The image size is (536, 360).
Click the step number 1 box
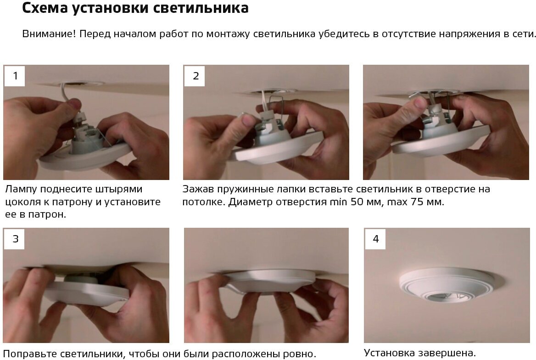pos(15,76)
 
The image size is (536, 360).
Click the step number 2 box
pos(195,76)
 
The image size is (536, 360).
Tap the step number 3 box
pos(15,239)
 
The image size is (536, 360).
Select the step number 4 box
pos(375,239)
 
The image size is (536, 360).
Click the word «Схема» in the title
pos(45,8)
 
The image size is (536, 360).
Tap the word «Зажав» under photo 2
pos(198,189)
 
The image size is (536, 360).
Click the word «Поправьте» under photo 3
pos(30,354)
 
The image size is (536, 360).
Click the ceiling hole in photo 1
pos(82,84)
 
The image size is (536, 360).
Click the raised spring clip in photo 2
pos(275,103)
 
